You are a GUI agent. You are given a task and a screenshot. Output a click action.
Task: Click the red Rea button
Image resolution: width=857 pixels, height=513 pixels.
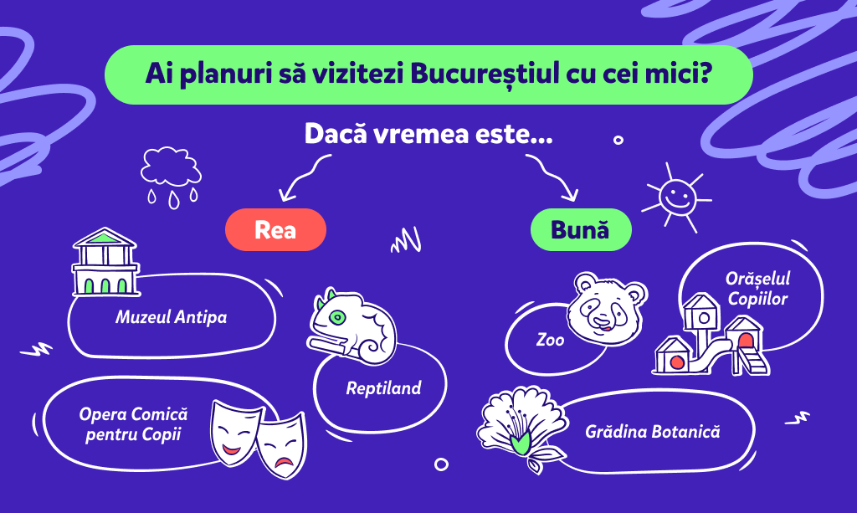[x=275, y=229]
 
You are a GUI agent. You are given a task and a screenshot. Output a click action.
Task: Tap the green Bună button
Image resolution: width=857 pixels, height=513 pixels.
[x=581, y=229]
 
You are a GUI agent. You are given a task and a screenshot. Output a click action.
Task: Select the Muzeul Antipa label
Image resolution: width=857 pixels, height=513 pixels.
[x=171, y=317]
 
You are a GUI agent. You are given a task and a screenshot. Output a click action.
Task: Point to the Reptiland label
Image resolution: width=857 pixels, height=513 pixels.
[x=383, y=388]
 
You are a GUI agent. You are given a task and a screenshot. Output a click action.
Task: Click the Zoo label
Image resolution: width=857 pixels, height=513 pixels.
[x=550, y=340]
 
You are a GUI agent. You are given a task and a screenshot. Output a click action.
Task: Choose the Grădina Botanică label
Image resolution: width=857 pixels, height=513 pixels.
[x=653, y=432]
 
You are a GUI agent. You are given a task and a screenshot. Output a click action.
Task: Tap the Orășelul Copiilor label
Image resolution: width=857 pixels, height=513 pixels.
[x=757, y=289]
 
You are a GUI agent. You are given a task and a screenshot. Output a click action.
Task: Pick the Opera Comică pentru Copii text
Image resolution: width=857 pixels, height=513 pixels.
[x=133, y=424]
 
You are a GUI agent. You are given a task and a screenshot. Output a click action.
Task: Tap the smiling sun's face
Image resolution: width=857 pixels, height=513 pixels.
[x=677, y=197]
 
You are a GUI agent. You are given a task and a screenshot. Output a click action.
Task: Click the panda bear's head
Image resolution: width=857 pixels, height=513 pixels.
[x=607, y=308]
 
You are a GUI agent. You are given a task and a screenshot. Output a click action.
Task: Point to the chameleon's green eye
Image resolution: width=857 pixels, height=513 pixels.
[x=338, y=317]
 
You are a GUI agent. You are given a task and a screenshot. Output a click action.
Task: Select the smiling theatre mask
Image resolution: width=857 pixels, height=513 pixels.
[x=234, y=433]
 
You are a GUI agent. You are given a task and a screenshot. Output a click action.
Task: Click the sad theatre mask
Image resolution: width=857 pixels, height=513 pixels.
[x=282, y=444]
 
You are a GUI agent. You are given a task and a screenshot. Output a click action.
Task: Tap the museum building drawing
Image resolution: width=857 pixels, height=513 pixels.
[x=105, y=262]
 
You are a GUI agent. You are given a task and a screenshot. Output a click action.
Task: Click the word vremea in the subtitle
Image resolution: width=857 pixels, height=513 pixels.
[x=421, y=133]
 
